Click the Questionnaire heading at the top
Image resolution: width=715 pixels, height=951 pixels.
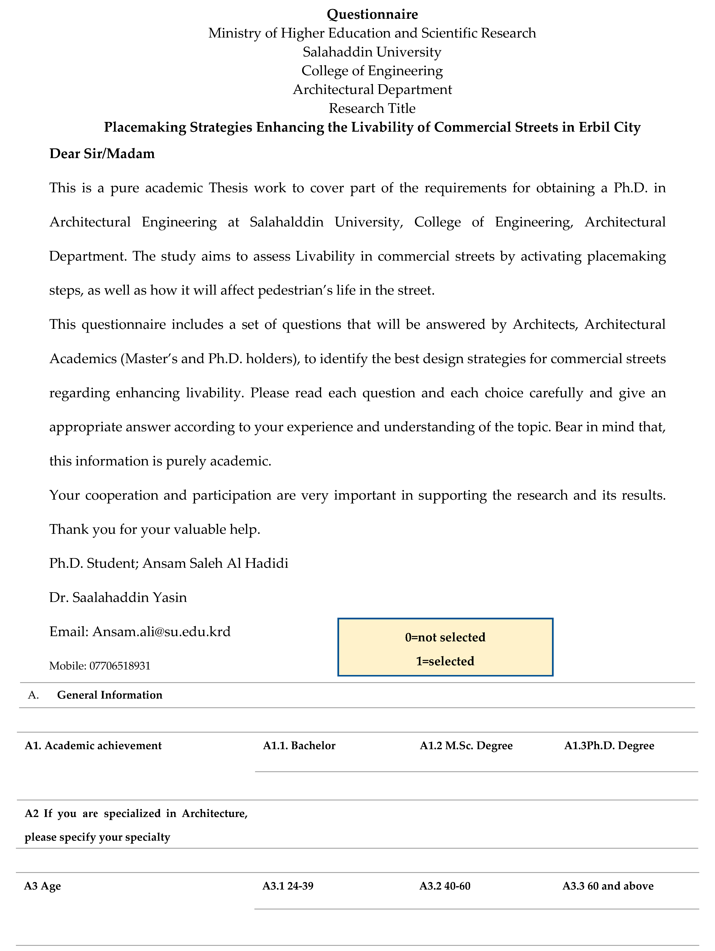pos(372,14)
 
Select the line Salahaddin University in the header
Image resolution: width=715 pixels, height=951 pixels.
pos(372,52)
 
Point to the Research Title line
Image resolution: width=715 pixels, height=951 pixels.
pos(372,108)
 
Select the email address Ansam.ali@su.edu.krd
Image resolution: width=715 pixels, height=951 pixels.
pos(162,632)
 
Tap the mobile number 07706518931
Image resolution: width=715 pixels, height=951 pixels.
pos(120,666)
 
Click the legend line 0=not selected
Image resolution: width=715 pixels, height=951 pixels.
pos(445,637)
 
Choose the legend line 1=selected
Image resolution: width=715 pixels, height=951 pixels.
pos(445,661)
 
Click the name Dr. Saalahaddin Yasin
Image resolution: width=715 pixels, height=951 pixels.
pos(118,598)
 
